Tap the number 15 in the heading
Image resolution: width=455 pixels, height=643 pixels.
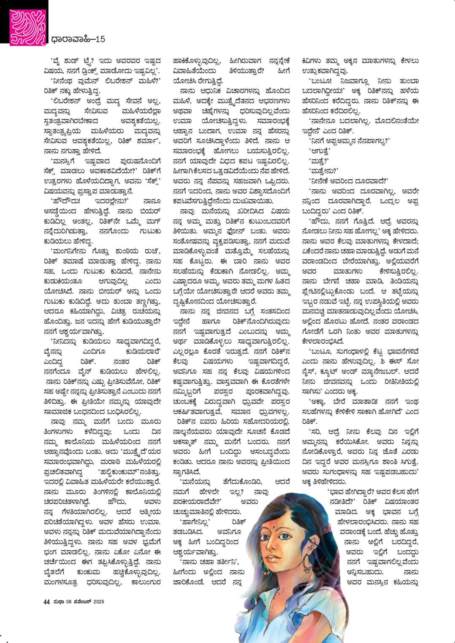100,39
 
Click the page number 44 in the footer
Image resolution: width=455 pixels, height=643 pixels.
47,602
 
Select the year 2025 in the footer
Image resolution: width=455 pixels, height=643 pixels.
99,602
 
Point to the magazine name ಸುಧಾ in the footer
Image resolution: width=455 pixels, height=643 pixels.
58,602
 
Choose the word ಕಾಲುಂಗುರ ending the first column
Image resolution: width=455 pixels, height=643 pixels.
150,583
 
